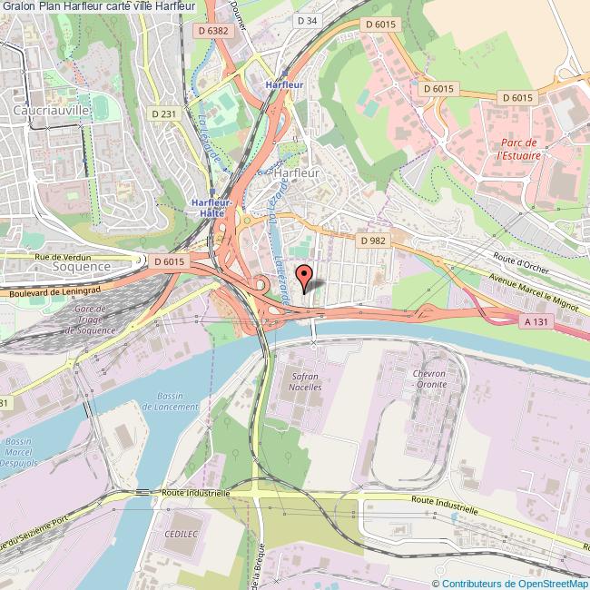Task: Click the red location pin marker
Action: click(x=304, y=275)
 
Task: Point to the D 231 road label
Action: click(x=162, y=113)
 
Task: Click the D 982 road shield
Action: click(x=373, y=241)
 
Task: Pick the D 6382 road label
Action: click(x=221, y=30)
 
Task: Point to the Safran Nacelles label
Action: click(x=305, y=380)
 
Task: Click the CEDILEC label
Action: click(x=180, y=535)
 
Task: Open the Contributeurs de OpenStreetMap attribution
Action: click(x=509, y=583)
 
